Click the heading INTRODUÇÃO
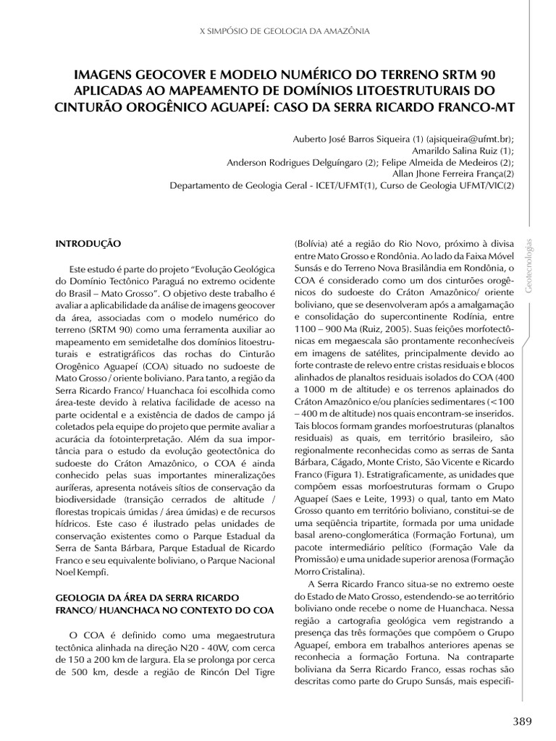click(88, 245)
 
